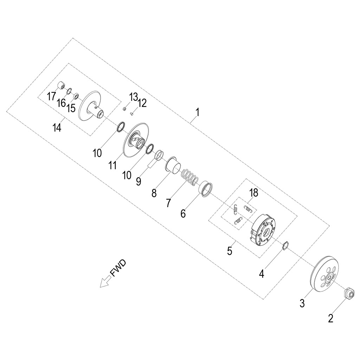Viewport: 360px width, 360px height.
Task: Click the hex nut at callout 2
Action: (349, 293)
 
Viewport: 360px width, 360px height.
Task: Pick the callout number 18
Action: (254, 193)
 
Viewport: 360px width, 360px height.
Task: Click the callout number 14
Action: (57, 127)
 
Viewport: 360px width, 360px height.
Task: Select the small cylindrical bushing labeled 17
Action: (61, 86)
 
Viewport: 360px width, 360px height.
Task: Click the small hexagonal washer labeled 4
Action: (285, 246)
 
